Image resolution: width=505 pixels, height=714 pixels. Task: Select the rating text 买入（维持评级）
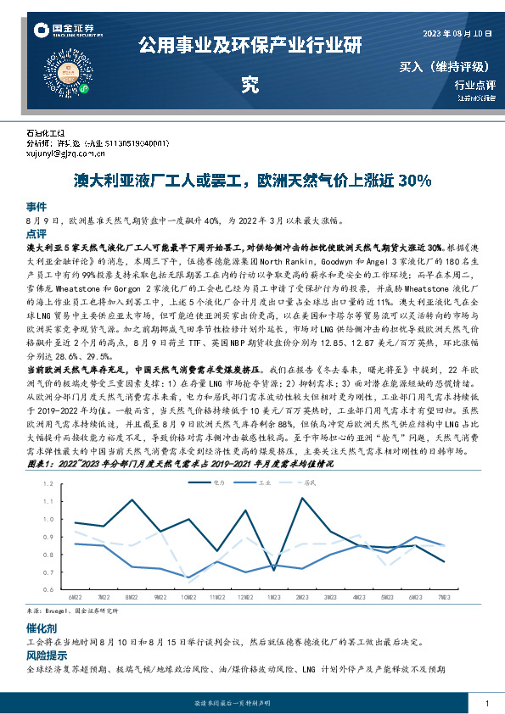tap(447, 66)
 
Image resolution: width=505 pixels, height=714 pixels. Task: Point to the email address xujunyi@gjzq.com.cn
tap(65, 153)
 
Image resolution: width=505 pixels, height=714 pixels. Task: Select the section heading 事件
tap(36, 206)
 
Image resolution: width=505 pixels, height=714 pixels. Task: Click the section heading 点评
tap(36, 232)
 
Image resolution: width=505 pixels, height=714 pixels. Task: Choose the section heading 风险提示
tap(47, 655)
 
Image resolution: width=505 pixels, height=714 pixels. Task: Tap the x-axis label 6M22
tap(75, 597)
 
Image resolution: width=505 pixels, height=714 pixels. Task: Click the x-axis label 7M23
tap(443, 597)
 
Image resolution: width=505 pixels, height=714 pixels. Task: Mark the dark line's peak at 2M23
tap(302, 497)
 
